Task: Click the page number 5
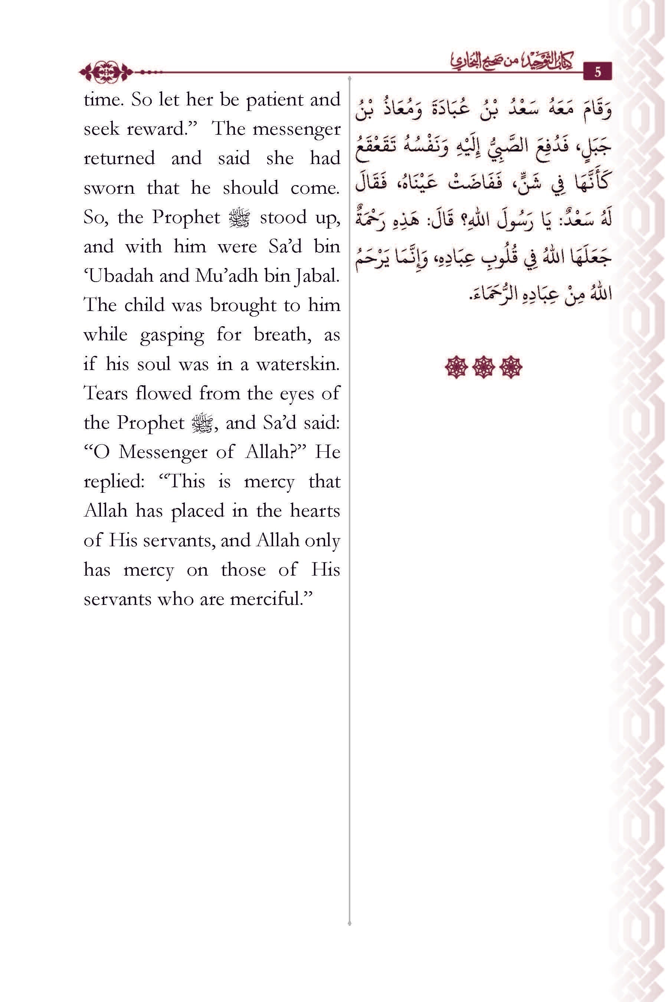click(597, 72)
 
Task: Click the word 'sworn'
click(109, 188)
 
